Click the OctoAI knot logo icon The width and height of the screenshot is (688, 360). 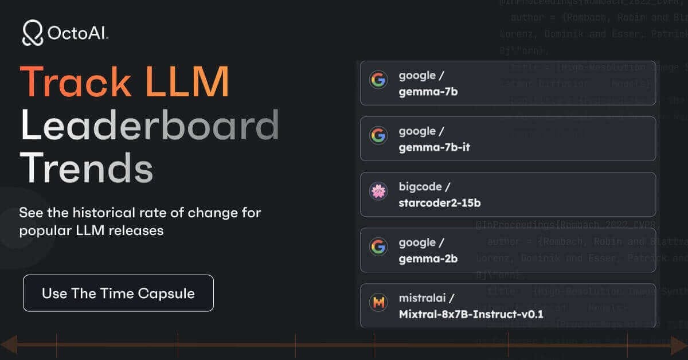(x=33, y=33)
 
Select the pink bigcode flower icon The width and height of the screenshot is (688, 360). (x=378, y=191)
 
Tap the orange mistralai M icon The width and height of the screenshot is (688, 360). (x=378, y=302)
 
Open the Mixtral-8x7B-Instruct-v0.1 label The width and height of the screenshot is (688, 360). (x=471, y=314)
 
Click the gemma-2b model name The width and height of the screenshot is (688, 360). (x=428, y=259)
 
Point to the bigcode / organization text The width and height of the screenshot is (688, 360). (x=424, y=186)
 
